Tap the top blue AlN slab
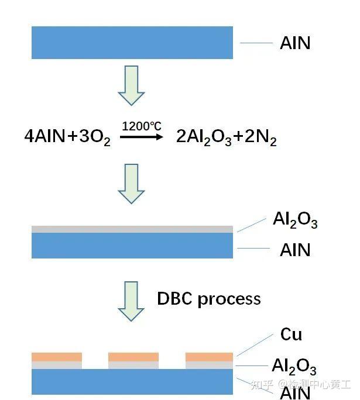[132, 43]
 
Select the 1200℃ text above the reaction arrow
[140, 126]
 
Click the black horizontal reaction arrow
[141, 136]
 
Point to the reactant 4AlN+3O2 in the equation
[67, 138]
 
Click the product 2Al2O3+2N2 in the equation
[226, 138]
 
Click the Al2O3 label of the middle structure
[294, 220]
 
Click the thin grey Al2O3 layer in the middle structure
[132, 229]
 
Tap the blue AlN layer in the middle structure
[132, 245]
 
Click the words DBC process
[208, 298]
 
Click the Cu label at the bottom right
[291, 335]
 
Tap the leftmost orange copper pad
[56, 356]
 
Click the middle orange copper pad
[133, 356]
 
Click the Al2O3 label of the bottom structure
[294, 367]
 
